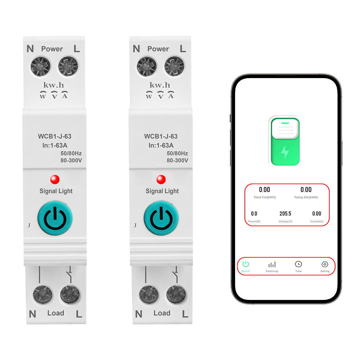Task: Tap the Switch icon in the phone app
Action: click(246, 264)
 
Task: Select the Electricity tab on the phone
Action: click(272, 265)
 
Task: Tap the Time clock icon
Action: click(298, 264)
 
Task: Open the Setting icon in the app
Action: click(324, 264)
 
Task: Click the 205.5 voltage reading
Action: click(285, 213)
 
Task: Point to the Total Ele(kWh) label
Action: click(265, 197)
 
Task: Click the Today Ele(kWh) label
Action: click(306, 197)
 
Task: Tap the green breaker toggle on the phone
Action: click(284, 141)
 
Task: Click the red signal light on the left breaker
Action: click(55, 179)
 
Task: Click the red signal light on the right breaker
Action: click(161, 179)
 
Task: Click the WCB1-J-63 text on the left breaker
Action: click(55, 136)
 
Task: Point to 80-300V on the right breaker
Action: click(177, 161)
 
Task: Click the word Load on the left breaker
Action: click(56, 313)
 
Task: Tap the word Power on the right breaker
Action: click(158, 49)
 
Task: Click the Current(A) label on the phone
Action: click(317, 221)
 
